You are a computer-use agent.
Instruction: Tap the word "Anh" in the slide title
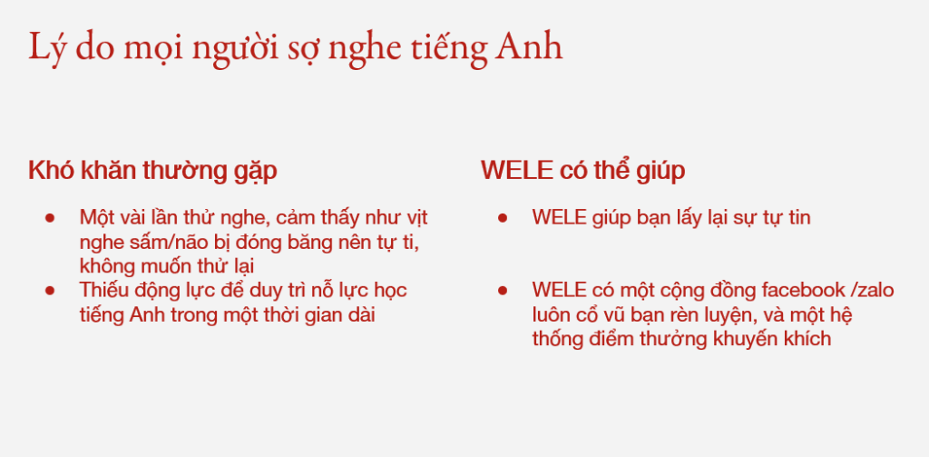(x=529, y=46)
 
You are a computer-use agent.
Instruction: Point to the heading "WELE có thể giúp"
(x=583, y=171)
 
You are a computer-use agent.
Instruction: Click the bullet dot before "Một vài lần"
(x=50, y=218)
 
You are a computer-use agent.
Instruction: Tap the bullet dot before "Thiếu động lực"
(x=50, y=291)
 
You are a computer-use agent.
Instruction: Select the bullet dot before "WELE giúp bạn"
(x=503, y=218)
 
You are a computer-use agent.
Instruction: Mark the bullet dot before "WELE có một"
(x=503, y=291)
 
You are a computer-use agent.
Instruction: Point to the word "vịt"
(x=416, y=218)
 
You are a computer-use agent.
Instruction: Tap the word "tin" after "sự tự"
(x=798, y=218)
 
